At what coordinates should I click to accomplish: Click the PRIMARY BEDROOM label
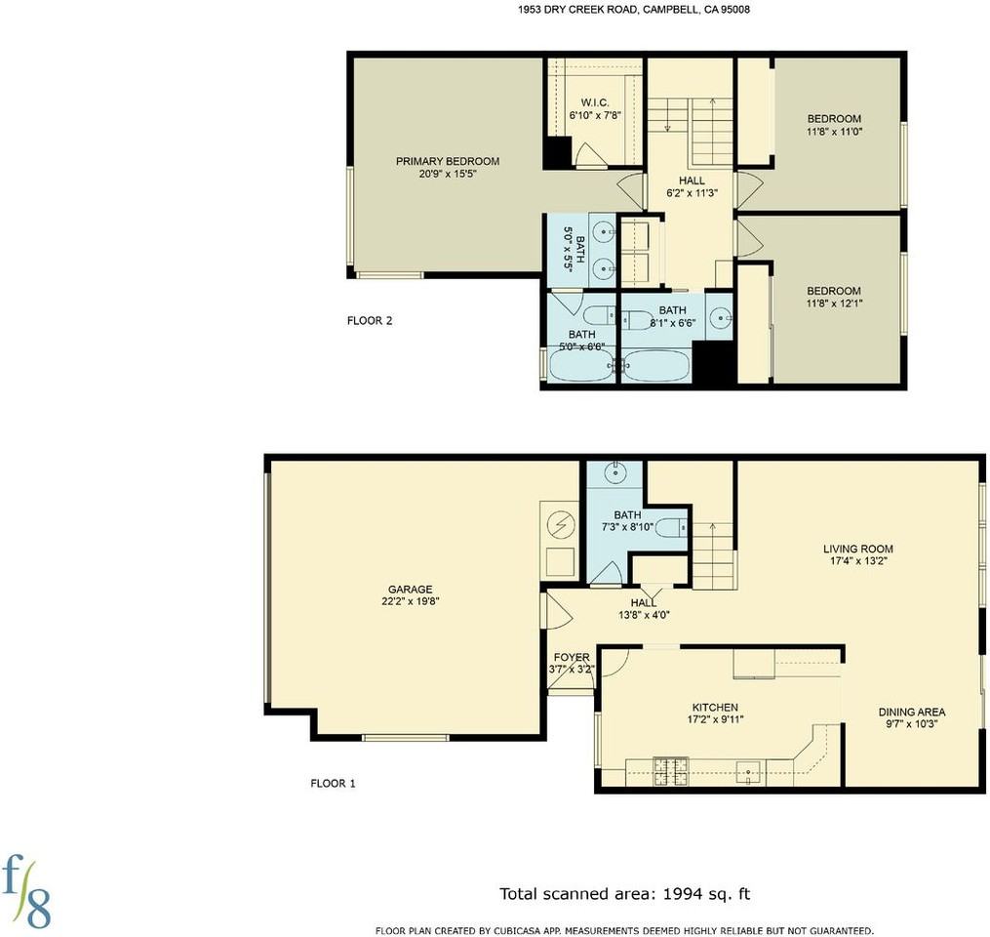[x=448, y=161]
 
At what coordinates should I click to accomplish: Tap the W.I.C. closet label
[x=595, y=102]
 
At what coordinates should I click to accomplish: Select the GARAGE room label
[x=411, y=590]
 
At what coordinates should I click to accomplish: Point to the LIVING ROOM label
[x=858, y=549]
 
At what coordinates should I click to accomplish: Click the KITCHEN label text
[x=715, y=707]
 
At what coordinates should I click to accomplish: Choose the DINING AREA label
[x=912, y=713]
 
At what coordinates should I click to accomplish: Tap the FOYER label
[x=572, y=657]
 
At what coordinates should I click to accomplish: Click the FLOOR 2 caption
[x=370, y=320]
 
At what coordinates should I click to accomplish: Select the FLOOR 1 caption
[x=333, y=784]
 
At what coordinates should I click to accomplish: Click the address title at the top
[x=634, y=10]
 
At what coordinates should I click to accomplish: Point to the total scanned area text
[x=625, y=894]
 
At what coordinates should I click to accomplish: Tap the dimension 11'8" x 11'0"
[x=834, y=132]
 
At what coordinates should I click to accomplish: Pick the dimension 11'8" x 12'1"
[x=834, y=304]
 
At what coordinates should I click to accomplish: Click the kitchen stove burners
[x=670, y=771]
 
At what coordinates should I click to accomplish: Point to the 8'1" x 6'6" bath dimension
[x=672, y=322]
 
